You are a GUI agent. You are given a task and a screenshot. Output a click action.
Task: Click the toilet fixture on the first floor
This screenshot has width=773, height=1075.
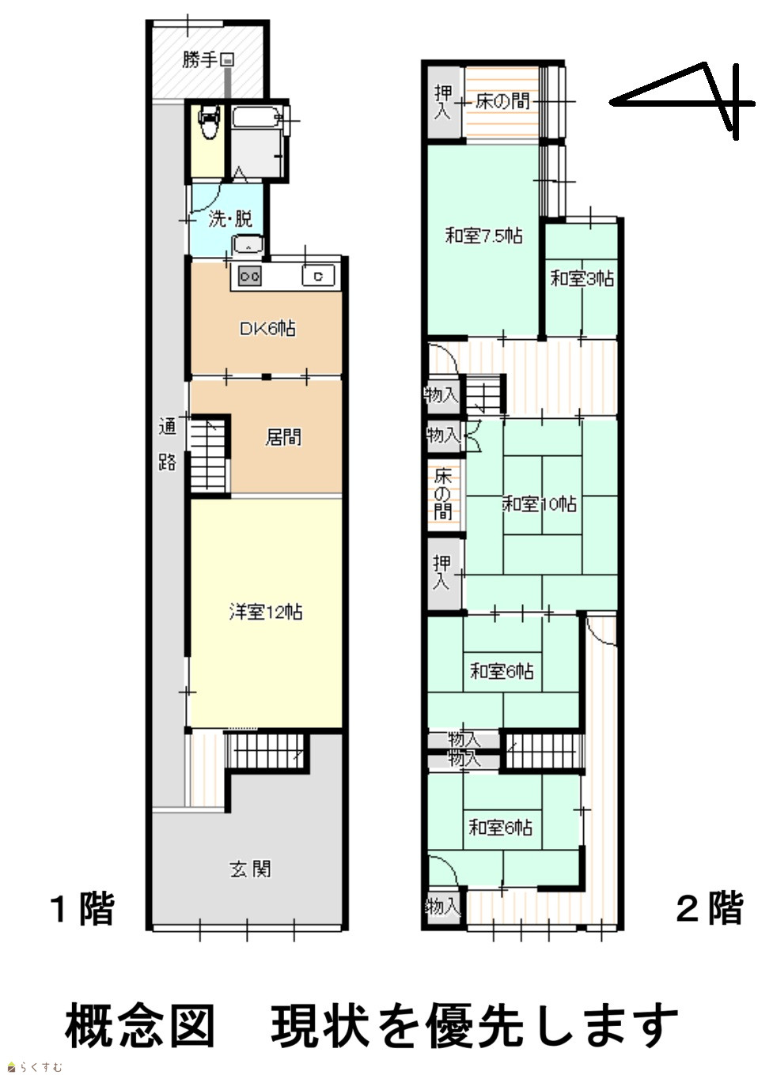tap(209, 122)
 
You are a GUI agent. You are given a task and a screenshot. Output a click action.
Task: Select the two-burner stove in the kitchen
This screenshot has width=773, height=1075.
tap(250, 276)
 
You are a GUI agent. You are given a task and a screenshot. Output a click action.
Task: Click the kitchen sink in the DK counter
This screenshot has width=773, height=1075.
tap(317, 276)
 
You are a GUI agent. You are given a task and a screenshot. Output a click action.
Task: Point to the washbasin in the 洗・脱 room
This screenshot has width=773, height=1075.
tap(248, 244)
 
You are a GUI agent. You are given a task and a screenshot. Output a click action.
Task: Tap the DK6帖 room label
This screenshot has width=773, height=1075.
tap(267, 329)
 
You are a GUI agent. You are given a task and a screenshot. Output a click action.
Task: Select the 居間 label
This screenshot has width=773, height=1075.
tap(283, 437)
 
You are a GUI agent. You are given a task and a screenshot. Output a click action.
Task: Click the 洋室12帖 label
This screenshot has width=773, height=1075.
tap(266, 612)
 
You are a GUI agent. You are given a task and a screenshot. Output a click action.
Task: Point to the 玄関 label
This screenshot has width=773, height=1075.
tap(250, 869)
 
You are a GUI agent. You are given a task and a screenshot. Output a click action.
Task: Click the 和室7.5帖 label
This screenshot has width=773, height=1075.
tap(483, 236)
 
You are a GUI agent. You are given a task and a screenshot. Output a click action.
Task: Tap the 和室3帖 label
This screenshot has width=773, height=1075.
tap(582, 278)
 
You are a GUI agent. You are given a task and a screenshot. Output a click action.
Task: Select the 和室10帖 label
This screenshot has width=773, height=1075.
tap(540, 504)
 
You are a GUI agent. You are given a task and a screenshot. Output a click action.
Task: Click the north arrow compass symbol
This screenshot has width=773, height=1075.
tap(682, 101)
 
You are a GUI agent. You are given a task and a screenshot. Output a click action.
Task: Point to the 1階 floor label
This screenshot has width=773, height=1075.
tap(82, 908)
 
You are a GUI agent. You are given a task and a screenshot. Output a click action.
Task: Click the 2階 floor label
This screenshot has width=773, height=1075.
tap(710, 907)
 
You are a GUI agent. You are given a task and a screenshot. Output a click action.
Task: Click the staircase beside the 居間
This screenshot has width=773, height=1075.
tap(210, 455)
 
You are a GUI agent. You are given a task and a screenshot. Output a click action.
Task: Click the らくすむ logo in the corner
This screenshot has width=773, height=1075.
tap(33, 1066)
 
